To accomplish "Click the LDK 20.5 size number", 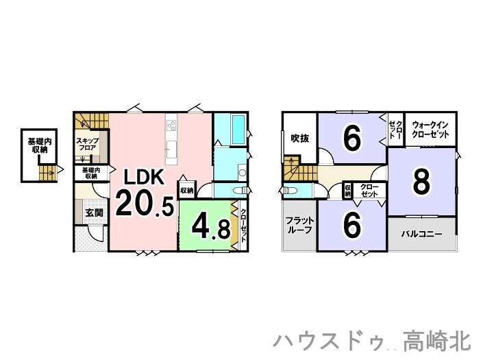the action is point(145,203).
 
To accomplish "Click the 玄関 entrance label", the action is point(95,213).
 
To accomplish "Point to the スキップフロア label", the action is point(88,144).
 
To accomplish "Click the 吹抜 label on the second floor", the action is point(300,139).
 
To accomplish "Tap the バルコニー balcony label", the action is point(421,234).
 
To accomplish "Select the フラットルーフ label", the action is point(299,226).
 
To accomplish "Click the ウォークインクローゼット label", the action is point(430,130).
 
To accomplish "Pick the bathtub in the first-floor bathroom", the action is point(238,130).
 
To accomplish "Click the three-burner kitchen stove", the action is point(171,125).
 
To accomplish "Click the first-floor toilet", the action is point(240,191).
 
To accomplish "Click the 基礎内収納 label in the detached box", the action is point(40,145).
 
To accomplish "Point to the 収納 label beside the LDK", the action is point(186,191).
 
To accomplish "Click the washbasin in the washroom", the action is point(243,172).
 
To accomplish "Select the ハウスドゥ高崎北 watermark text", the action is point(372,340).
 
